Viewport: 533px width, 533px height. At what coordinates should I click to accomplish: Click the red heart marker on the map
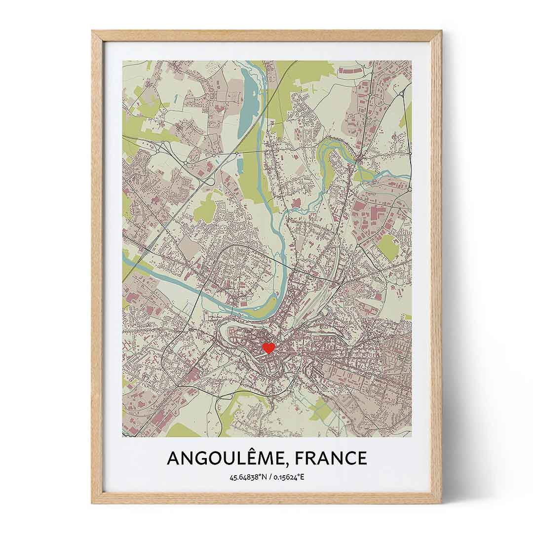click(x=268, y=348)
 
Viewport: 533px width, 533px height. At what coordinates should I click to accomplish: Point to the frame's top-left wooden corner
click(x=97, y=36)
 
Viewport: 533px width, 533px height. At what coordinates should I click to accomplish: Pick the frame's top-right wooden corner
click(x=436, y=36)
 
